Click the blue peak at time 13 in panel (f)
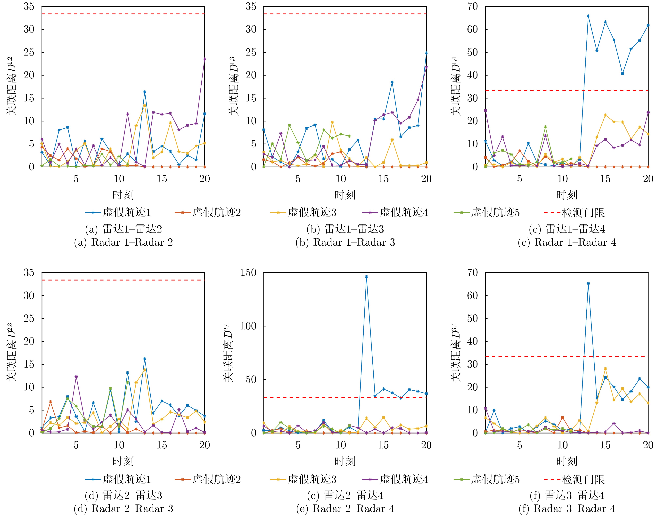point(588,283)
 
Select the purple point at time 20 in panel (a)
point(205,59)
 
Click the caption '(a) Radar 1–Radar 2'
point(123,242)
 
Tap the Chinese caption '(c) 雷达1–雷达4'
point(567,229)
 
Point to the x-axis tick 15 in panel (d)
point(162,445)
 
